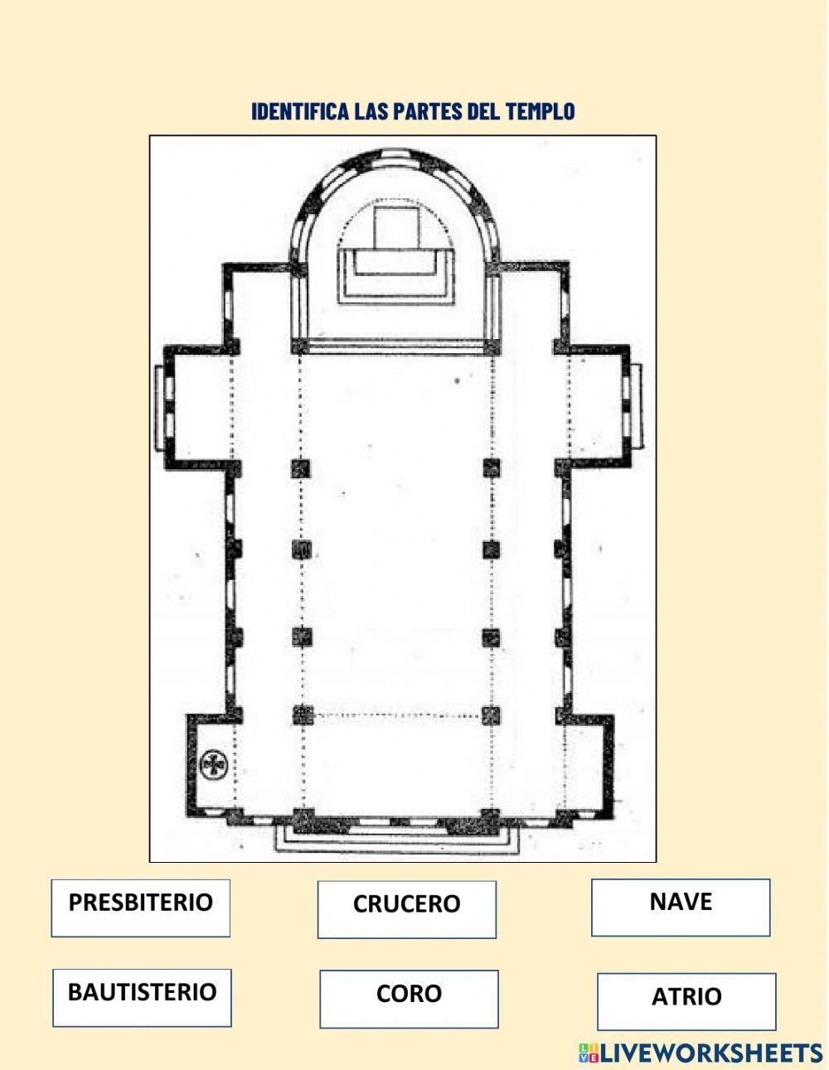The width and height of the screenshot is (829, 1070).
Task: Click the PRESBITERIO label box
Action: tap(140, 908)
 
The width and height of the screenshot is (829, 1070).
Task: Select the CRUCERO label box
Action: tap(406, 909)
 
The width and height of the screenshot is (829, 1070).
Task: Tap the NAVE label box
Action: tap(681, 908)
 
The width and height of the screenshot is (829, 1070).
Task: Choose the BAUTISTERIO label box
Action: tap(142, 998)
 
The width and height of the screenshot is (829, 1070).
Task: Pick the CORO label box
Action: tap(409, 999)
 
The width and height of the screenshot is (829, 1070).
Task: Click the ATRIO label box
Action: tap(686, 1001)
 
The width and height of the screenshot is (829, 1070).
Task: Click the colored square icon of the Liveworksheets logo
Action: tap(589, 1053)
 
